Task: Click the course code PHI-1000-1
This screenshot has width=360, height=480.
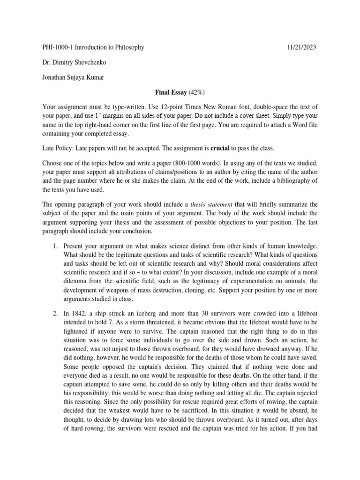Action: pyautogui.click(x=58, y=47)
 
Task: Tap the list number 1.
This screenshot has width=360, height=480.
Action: pyautogui.click(x=54, y=246)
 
